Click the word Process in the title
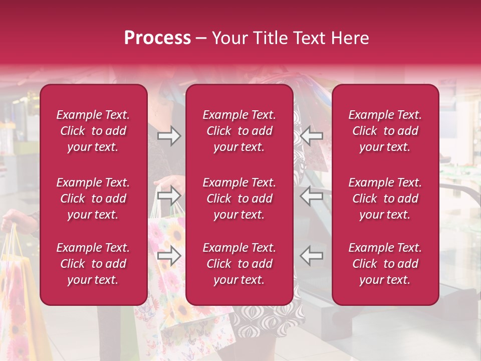click(x=157, y=38)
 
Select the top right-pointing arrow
click(x=169, y=136)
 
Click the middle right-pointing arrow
click(x=169, y=195)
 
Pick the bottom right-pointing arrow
click(x=169, y=256)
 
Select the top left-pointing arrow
click(x=312, y=136)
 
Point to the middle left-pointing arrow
click(x=312, y=195)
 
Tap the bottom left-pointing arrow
click(x=312, y=256)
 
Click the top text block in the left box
click(x=93, y=131)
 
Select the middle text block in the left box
click(x=93, y=199)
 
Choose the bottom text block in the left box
click(x=93, y=264)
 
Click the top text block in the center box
click(x=239, y=131)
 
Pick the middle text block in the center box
click(x=239, y=199)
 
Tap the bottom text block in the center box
click(x=239, y=264)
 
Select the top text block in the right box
click(x=385, y=131)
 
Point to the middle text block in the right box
click(x=385, y=199)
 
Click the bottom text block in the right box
click(x=385, y=264)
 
